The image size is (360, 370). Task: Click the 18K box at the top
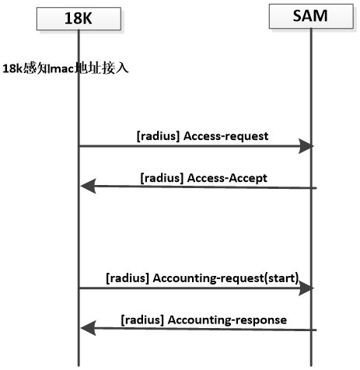coord(79,19)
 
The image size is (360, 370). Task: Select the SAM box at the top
coord(311,16)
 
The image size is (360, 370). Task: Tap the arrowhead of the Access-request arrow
coord(306,146)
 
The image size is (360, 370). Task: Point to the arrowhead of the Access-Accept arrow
coord(88,186)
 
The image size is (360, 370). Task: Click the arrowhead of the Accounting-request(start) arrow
coord(306,288)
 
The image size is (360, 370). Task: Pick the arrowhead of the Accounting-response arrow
coord(88,328)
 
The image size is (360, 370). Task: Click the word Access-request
coord(225,137)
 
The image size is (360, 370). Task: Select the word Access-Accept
coord(227,178)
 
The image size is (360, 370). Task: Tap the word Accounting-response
coord(227,320)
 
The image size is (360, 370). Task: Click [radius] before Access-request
coord(158,136)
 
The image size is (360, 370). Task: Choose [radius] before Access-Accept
coord(162,178)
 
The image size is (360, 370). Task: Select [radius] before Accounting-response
coord(142,320)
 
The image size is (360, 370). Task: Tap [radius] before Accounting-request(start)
coord(128,278)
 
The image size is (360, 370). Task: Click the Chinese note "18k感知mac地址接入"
coord(65,68)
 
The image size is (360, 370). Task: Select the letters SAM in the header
coord(310,16)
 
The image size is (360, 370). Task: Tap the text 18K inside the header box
coord(79,19)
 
